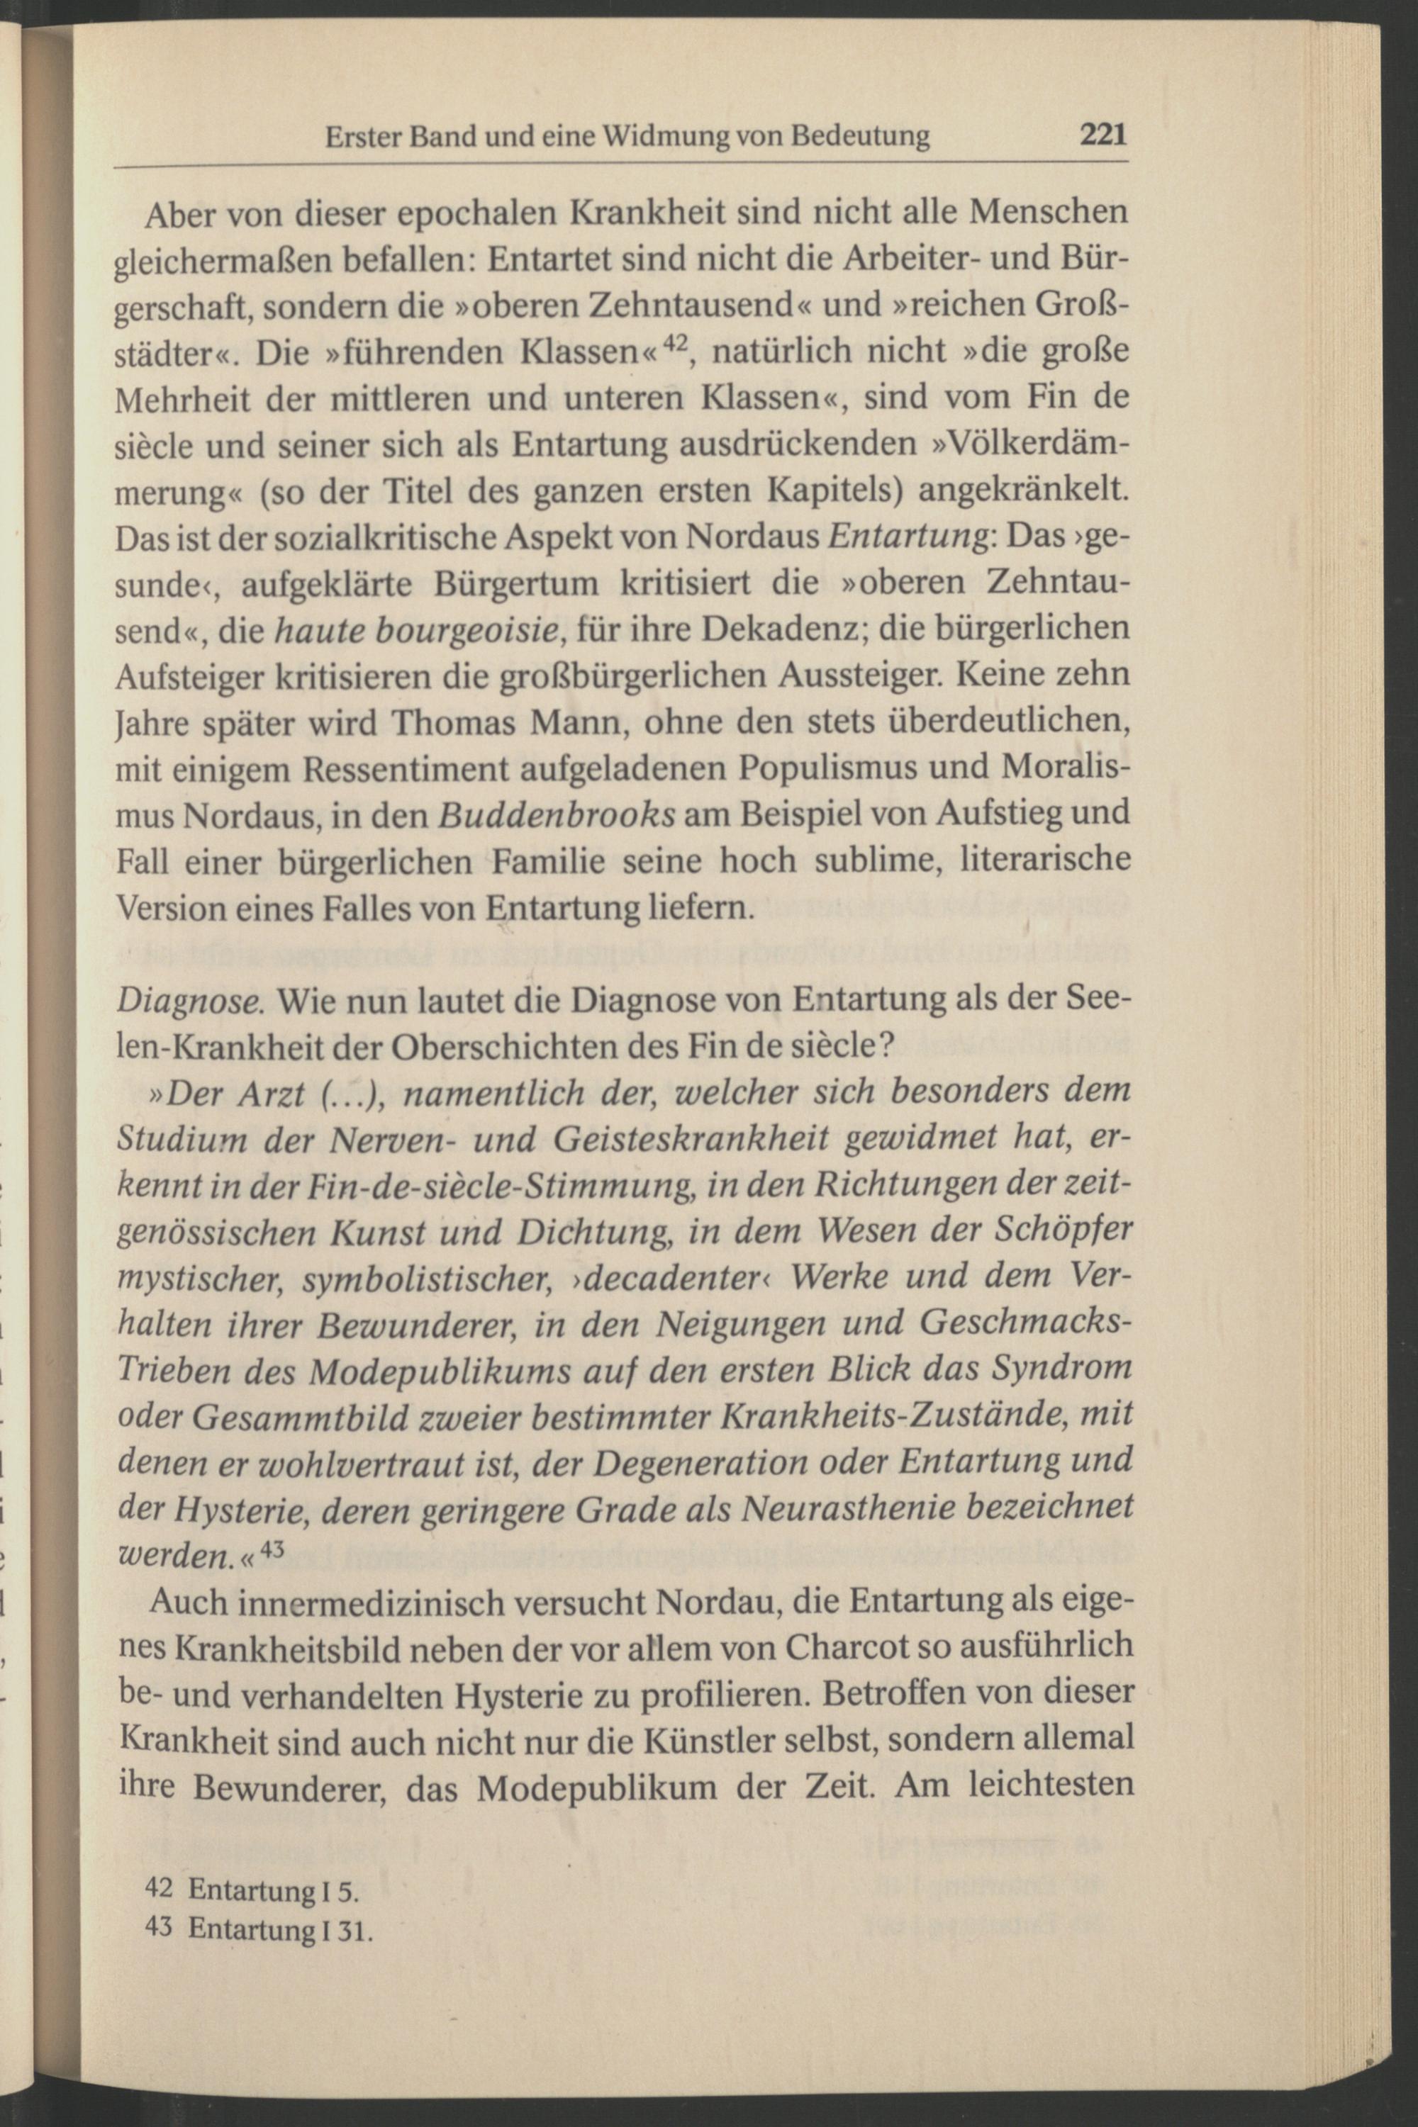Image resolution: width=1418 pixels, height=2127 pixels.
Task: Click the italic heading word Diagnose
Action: tap(190, 1001)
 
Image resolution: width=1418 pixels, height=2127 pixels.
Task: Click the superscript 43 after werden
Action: tap(272, 1547)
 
